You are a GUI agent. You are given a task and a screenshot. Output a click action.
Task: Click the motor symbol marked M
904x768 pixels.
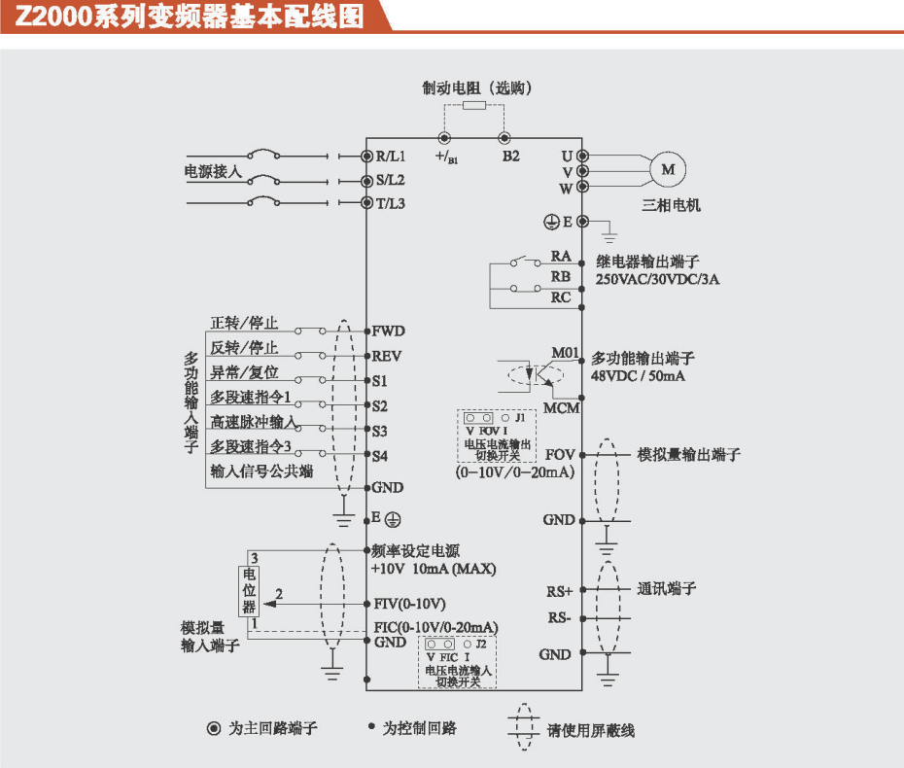668,169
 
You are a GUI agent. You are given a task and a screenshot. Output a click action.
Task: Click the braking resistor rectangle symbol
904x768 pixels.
474,106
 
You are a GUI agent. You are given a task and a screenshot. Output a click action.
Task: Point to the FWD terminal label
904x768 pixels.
388,331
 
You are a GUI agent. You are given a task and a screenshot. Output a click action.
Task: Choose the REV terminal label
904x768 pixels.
387,356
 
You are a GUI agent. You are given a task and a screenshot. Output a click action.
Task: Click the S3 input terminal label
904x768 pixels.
380,430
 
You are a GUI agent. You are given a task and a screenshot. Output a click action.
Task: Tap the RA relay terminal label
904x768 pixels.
561,256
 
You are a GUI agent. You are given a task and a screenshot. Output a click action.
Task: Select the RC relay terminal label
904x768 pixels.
561,297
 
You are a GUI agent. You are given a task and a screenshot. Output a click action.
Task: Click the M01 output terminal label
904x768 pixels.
565,352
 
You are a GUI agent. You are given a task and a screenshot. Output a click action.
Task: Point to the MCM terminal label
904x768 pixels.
562,407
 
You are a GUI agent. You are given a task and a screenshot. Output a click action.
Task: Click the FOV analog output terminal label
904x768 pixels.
560,454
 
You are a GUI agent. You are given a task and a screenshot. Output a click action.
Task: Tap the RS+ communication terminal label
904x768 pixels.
560,590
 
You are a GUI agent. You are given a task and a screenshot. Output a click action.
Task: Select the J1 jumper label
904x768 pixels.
521,417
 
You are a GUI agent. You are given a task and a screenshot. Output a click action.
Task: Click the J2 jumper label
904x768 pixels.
481,644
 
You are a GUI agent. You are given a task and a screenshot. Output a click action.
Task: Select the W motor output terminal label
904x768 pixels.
566,188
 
